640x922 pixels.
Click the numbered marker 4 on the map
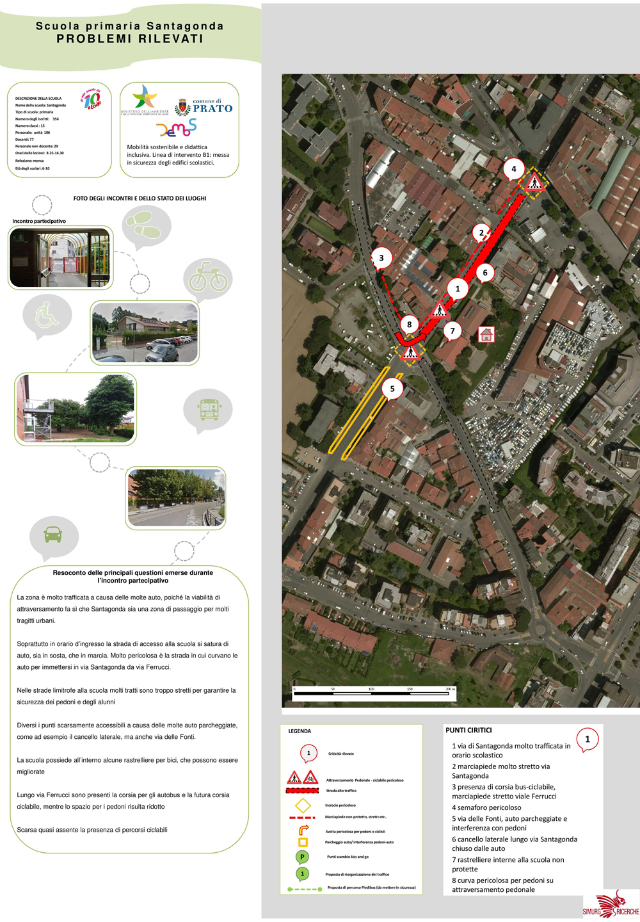pyautogui.click(x=513, y=169)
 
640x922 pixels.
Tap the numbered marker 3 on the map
pyautogui.click(x=381, y=258)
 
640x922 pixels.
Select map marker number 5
pyautogui.click(x=392, y=389)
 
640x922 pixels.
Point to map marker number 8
pyautogui.click(x=410, y=324)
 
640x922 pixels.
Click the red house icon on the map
pyautogui.click(x=486, y=334)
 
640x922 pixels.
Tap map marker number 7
pyautogui.click(x=452, y=330)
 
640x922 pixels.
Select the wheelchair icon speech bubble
pyautogui.click(x=47, y=315)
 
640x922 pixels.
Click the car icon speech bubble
pyautogui.click(x=54, y=535)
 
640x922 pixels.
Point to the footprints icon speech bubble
pyautogui.click(x=146, y=225)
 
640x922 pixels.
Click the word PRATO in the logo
pyautogui.click(x=212, y=109)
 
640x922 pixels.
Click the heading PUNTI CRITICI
pyautogui.click(x=468, y=730)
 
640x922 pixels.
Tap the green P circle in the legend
pyautogui.click(x=303, y=857)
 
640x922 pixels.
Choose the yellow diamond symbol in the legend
pyautogui.click(x=303, y=805)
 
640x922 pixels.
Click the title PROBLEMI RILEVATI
pyautogui.click(x=130, y=38)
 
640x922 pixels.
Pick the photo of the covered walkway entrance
pyautogui.click(x=60, y=258)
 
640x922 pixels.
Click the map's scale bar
pyautogui.click(x=374, y=692)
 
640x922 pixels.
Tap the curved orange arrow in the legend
pyautogui.click(x=303, y=830)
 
